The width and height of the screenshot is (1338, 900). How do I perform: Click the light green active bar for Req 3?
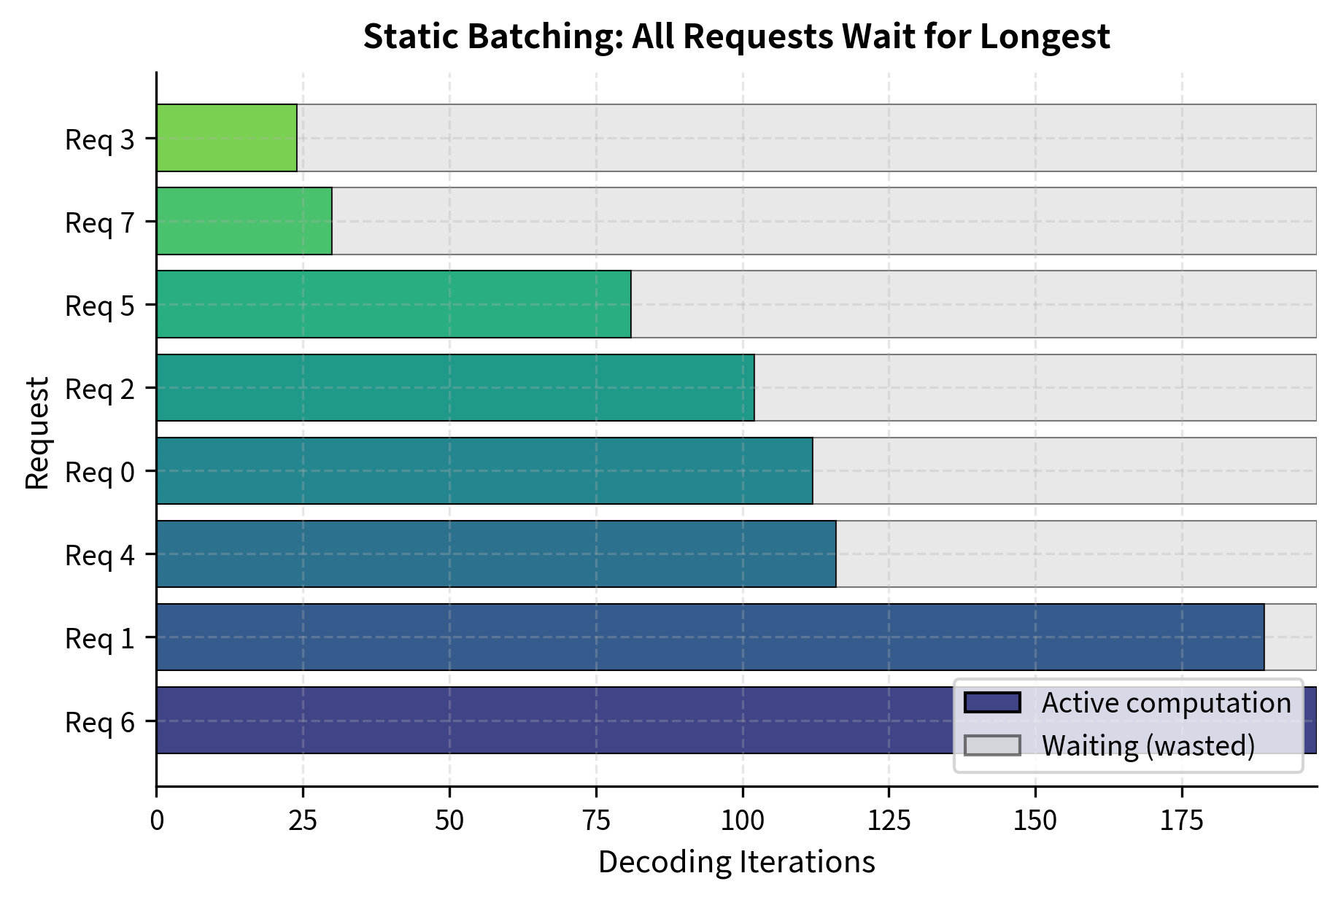point(227,138)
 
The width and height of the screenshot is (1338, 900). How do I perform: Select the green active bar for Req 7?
point(244,221)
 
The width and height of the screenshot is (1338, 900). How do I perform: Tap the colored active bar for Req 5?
point(394,304)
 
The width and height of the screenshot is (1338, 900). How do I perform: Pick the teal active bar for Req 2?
point(455,387)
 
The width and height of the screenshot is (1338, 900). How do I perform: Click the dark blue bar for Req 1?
point(710,637)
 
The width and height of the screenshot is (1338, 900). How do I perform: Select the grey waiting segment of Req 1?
point(1290,637)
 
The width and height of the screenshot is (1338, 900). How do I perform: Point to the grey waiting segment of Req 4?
point(1076,554)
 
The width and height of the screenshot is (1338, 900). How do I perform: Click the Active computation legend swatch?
point(991,702)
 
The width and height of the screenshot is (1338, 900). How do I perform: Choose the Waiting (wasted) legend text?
point(1148,745)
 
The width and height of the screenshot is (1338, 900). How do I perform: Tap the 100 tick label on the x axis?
point(743,821)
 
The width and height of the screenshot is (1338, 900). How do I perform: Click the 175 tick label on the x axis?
point(1182,821)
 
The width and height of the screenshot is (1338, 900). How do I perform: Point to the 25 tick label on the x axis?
point(303,821)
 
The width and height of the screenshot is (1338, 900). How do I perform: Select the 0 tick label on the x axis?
point(157,821)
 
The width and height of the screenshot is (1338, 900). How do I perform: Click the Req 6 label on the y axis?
point(100,722)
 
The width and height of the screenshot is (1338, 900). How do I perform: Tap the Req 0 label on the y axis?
point(100,472)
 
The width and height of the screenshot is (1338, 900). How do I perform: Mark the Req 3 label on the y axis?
point(100,139)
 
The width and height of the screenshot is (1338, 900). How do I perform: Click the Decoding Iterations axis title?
point(736,862)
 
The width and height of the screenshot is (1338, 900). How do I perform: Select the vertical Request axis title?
point(37,432)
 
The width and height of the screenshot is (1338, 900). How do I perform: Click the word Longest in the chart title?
point(1045,36)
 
